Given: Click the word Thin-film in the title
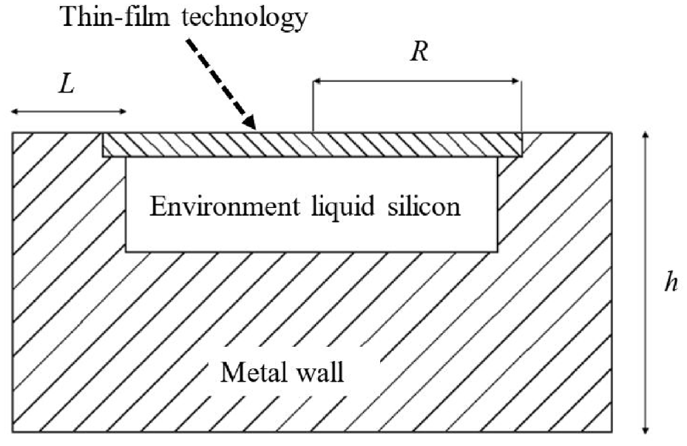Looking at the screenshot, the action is coord(115,17).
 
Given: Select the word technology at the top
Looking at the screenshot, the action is coord(245,18).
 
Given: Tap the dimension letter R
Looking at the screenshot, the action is coord(419,52).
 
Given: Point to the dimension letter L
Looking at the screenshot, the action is coord(67,84).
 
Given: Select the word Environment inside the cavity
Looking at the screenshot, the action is coord(224,206).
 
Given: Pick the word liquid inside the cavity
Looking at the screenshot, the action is coord(343,207).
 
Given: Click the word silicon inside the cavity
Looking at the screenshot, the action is coord(424,206).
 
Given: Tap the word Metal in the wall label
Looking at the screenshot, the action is coord(253,373).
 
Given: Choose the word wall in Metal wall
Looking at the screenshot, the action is coord(320,373).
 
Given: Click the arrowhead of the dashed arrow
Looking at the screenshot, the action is coord(249,122).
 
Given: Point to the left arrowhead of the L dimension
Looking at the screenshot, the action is coord(16,112).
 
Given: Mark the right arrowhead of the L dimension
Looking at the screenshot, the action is coord(122,112).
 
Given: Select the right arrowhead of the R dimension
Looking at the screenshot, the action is coord(515,81).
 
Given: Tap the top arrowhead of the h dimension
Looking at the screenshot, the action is coord(646,136).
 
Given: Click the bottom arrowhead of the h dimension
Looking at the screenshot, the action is coord(646,428).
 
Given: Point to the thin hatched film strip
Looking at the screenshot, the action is coord(312,144).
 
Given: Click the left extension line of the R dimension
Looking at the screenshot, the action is coord(313,106).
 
